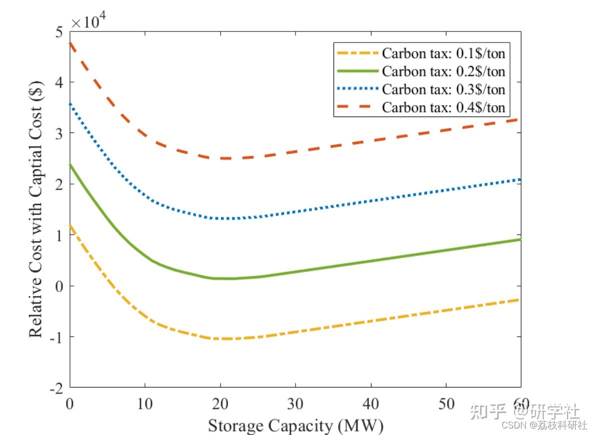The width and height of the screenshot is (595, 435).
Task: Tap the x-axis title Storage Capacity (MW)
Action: coord(295,426)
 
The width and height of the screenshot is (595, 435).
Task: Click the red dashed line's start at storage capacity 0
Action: coord(71,43)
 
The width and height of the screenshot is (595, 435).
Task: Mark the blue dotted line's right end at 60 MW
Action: coord(520,179)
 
